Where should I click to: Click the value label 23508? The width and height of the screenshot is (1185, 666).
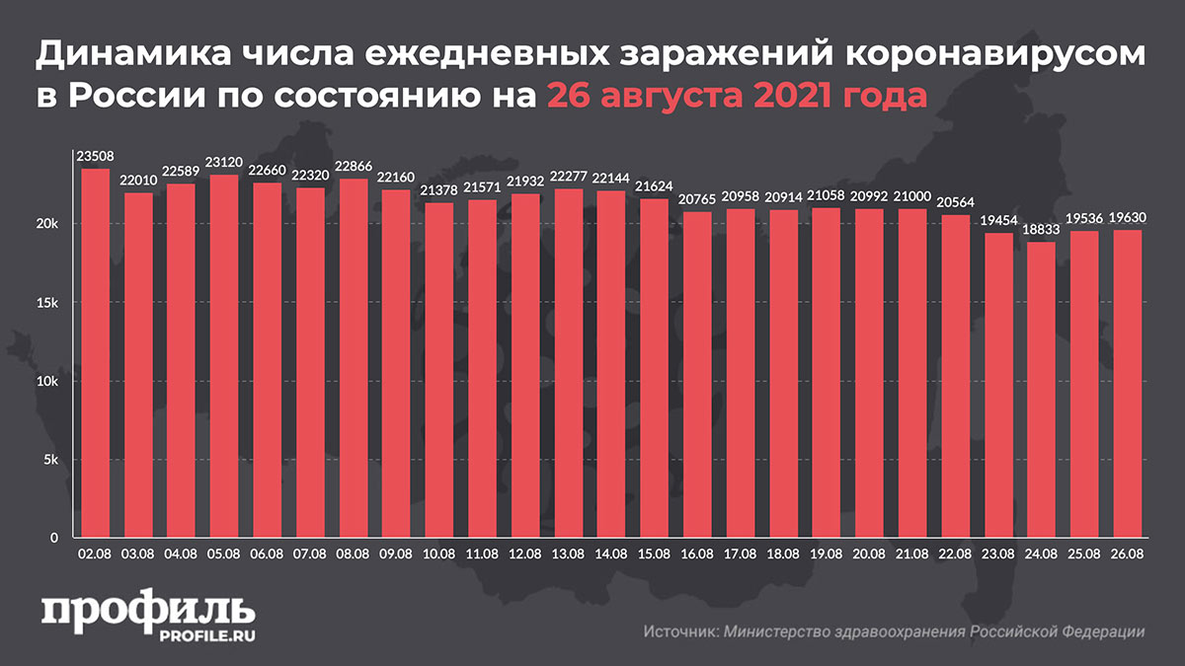(x=95, y=155)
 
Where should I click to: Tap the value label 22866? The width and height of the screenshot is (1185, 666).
(x=353, y=165)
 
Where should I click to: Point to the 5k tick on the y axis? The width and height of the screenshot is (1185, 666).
(x=49, y=460)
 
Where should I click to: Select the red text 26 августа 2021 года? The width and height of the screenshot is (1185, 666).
(x=737, y=99)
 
